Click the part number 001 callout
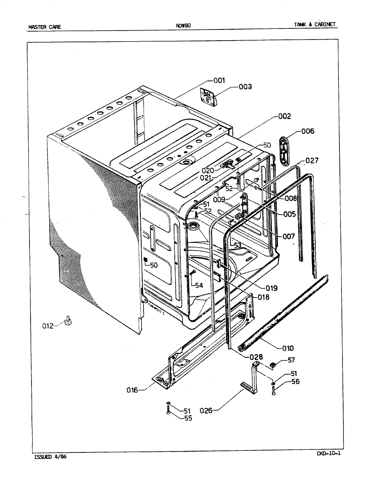219,80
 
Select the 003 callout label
245,87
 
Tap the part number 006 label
308,131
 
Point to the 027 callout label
312,160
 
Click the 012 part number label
48,326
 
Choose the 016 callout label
133,390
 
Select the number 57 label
291,360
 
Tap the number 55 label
188,418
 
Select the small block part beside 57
273,364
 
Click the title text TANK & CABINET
314,24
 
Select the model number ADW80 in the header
183,25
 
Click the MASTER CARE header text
45,27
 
